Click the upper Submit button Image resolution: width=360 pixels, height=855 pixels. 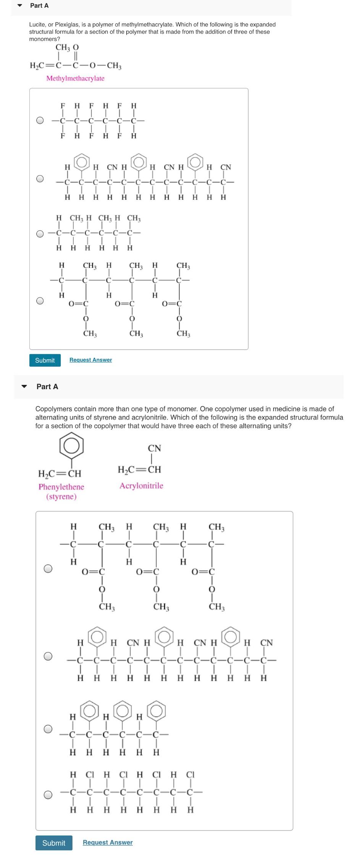pyautogui.click(x=45, y=360)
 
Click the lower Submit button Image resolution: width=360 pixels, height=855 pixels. pyautogui.click(x=53, y=843)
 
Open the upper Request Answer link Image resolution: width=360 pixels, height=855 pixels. pyautogui.click(x=90, y=360)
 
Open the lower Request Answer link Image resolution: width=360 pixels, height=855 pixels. pyautogui.click(x=108, y=842)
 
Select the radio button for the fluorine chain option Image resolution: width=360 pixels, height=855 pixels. pyautogui.click(x=40, y=120)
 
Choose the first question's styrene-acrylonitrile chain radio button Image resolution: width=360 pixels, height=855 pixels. pyautogui.click(x=40, y=179)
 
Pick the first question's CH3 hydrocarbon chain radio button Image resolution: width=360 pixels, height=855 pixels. pyautogui.click(x=40, y=233)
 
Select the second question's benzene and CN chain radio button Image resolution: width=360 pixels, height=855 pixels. pyautogui.click(x=48, y=656)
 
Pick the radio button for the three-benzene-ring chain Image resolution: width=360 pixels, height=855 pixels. pyautogui.click(x=48, y=729)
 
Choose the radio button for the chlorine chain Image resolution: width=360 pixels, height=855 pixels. pyautogui.click(x=48, y=795)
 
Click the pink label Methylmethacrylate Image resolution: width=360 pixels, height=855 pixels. pyautogui.click(x=75, y=78)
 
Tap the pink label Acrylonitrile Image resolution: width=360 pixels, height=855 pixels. pyautogui.click(x=141, y=486)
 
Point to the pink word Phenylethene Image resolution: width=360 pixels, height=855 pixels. pyautogui.click(x=61, y=487)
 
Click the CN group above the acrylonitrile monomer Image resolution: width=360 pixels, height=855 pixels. pyautogui.click(x=154, y=448)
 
